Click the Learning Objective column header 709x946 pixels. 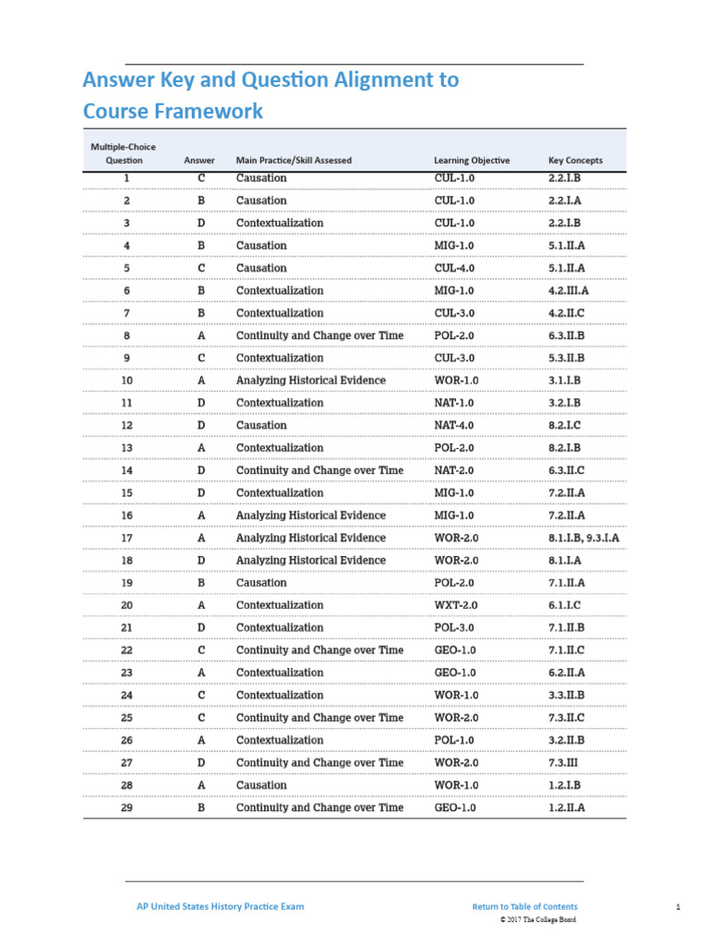[471, 160]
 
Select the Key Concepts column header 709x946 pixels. [575, 160]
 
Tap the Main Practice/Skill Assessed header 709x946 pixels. [294, 160]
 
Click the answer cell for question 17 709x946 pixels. [201, 538]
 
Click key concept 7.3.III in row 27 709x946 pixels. [565, 763]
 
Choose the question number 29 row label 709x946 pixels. [126, 807]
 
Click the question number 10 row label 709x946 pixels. [126, 381]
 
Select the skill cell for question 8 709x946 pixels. [319, 335]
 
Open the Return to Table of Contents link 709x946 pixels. [524, 906]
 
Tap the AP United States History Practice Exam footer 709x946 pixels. [214, 906]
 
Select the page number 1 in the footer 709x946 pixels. [678, 906]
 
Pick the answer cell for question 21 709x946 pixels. [201, 628]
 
